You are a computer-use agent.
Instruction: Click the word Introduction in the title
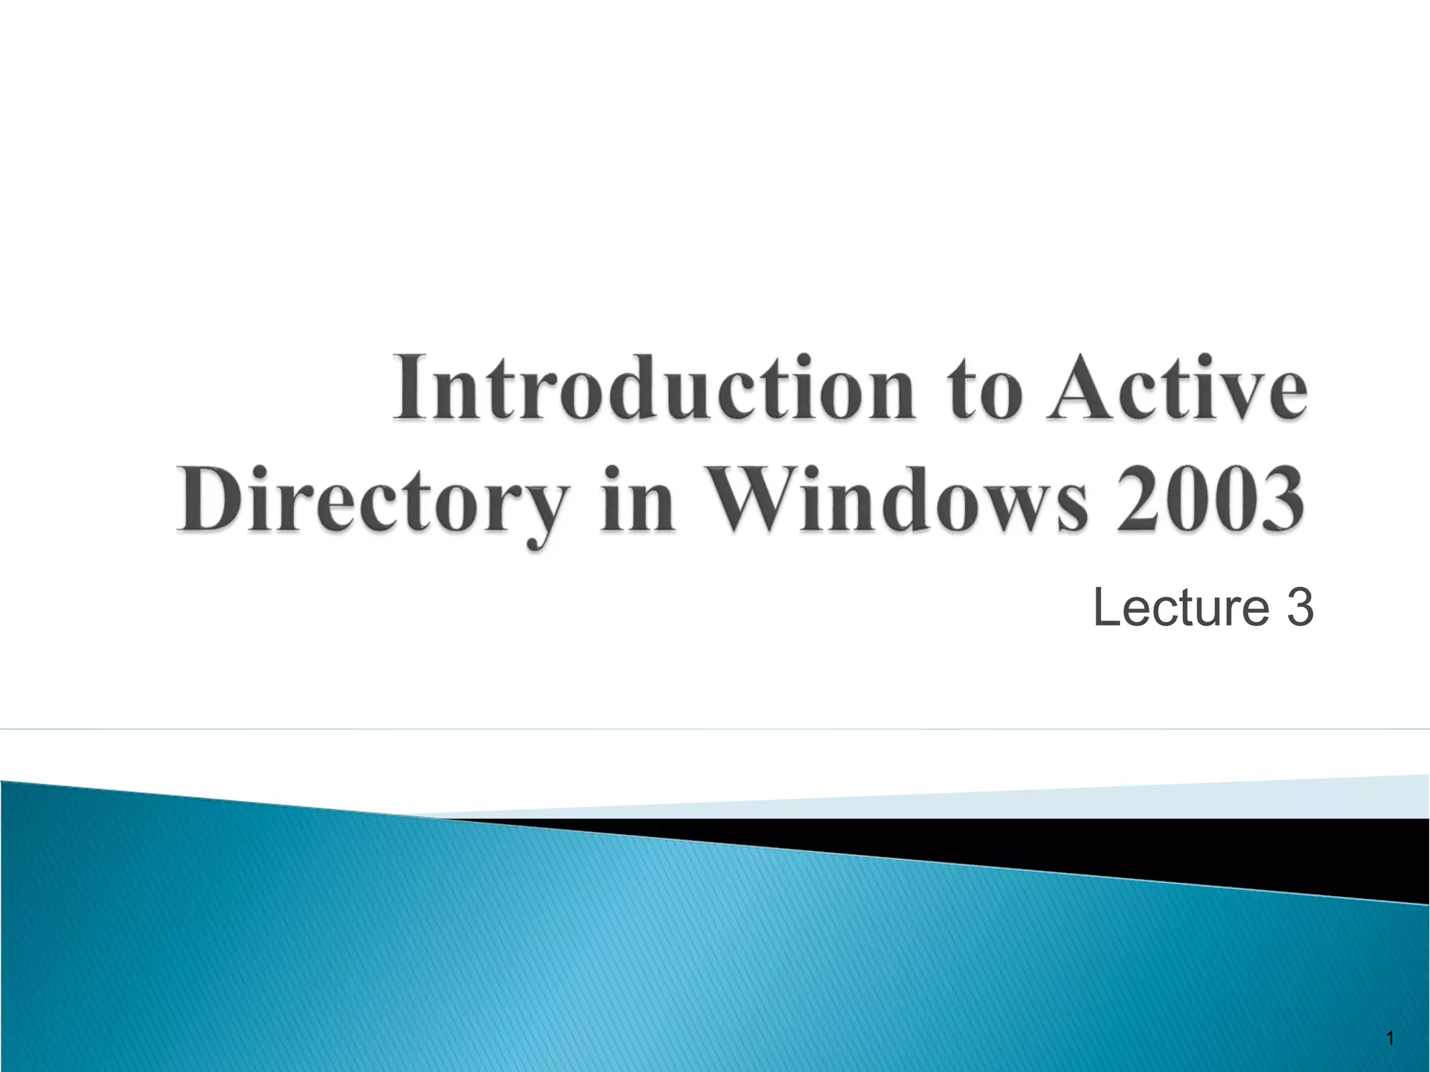pyautogui.click(x=654, y=387)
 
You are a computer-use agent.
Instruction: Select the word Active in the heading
pyautogui.click(x=1177, y=387)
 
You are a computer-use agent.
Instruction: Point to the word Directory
pyautogui.click(x=370, y=501)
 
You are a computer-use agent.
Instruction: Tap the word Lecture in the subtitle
pyautogui.click(x=1180, y=608)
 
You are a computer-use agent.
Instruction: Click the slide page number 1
pyautogui.click(x=1390, y=1039)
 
